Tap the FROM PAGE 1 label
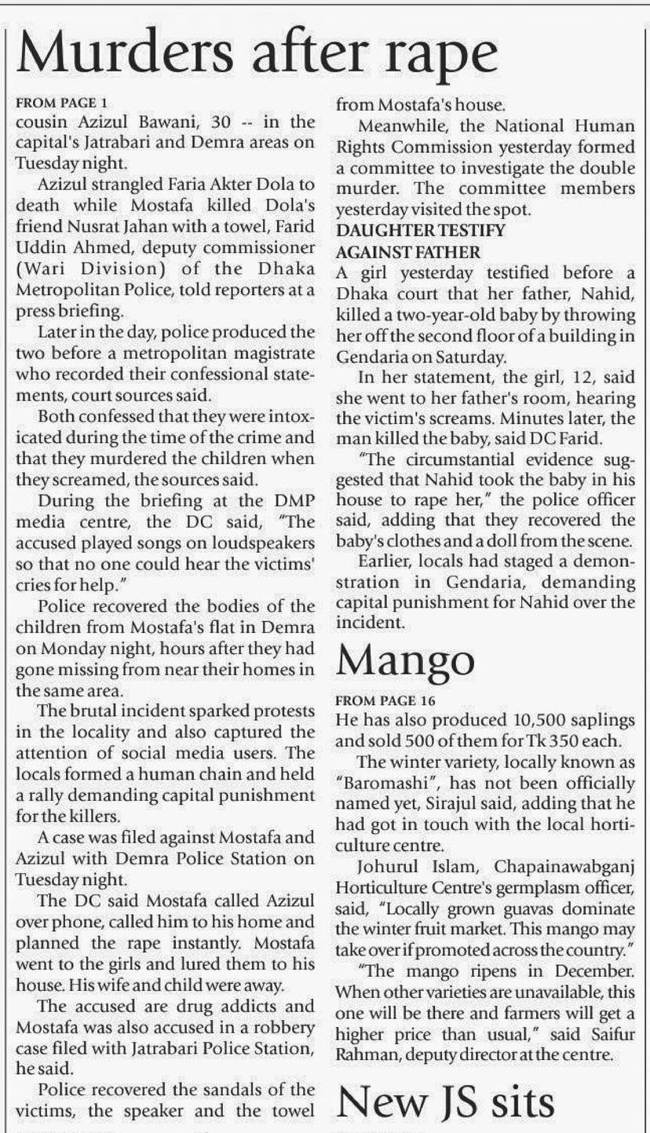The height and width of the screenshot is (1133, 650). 60,103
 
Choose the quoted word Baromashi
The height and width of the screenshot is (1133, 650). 375,783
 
